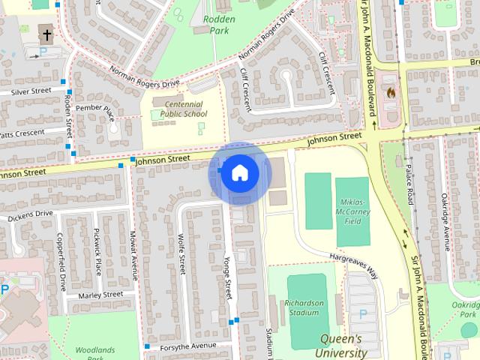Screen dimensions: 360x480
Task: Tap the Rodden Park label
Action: coord(219,25)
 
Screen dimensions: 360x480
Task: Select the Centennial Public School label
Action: coord(180,109)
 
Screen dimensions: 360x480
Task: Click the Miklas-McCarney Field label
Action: coord(352,211)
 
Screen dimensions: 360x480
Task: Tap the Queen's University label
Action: coord(341,345)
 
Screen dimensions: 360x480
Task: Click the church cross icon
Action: coord(46,35)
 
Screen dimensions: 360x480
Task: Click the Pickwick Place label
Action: coord(97,251)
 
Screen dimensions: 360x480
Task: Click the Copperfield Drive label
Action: coord(62,262)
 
